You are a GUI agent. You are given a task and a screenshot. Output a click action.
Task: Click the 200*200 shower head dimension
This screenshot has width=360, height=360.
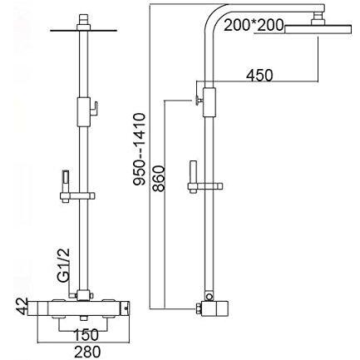(254, 25)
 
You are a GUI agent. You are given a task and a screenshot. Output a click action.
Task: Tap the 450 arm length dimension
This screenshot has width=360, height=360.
(259, 75)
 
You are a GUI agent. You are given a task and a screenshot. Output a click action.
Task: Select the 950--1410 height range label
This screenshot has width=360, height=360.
(139, 150)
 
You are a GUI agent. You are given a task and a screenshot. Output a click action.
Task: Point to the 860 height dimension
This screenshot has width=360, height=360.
(159, 179)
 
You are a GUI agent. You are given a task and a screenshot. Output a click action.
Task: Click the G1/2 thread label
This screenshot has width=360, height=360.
(64, 266)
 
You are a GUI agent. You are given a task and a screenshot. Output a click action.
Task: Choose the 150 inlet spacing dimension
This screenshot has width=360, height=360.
(86, 334)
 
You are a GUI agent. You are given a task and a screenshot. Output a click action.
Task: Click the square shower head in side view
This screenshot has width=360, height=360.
(318, 29)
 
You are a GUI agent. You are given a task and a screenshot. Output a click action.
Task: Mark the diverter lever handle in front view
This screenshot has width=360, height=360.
(94, 109)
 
